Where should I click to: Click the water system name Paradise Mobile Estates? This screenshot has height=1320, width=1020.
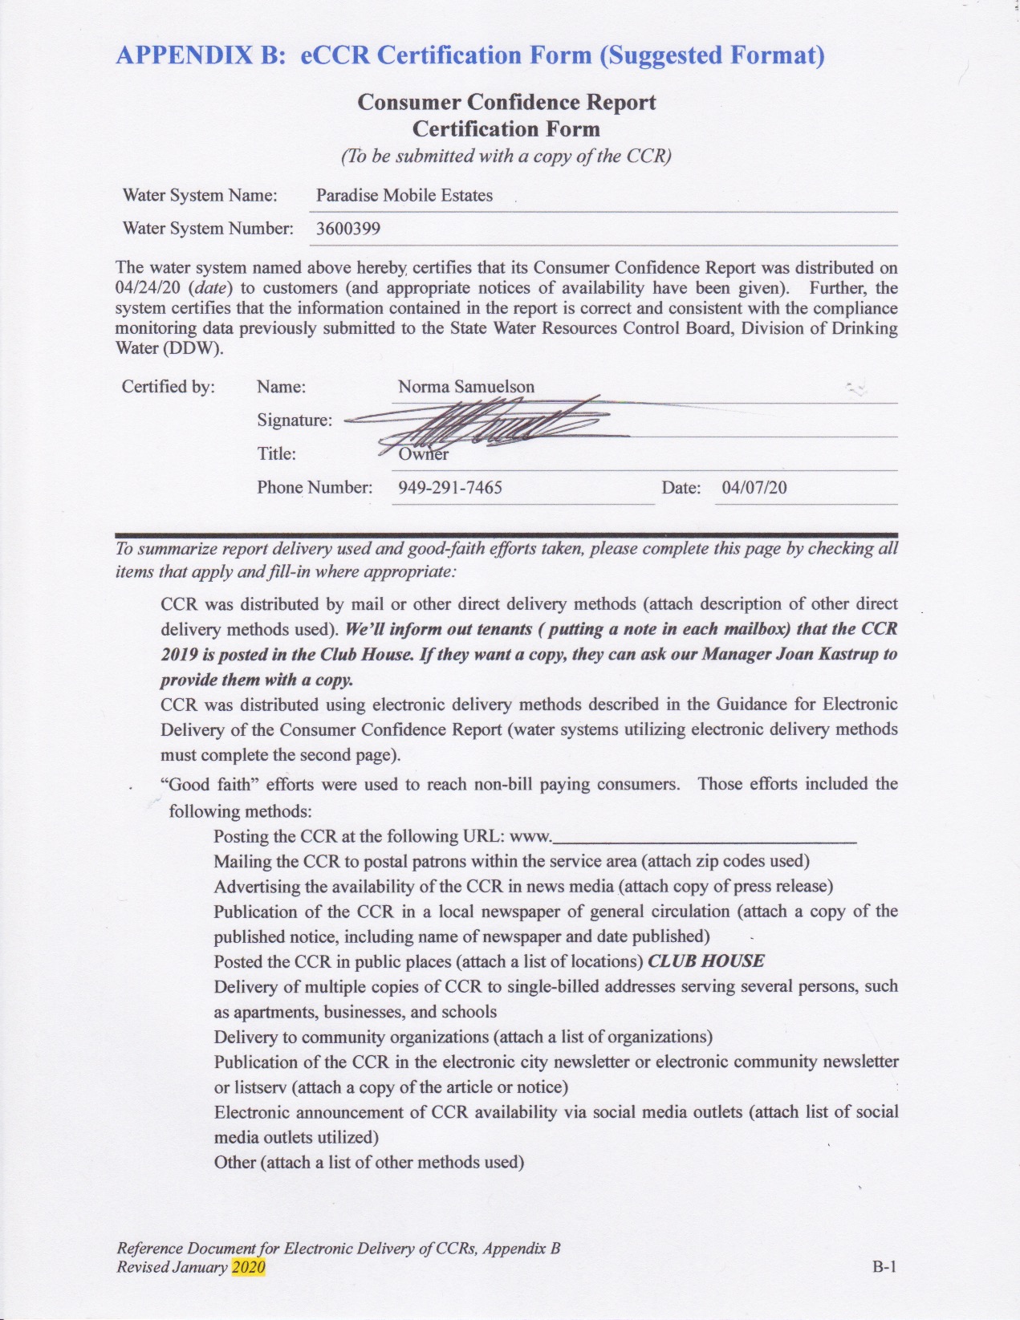(404, 196)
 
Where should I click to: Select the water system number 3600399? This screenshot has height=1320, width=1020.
(347, 229)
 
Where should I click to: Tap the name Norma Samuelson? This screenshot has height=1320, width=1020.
(465, 387)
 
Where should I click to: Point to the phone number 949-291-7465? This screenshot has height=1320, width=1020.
(449, 488)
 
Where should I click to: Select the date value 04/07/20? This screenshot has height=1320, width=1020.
(754, 488)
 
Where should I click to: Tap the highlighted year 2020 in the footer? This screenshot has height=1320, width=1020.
(248, 1267)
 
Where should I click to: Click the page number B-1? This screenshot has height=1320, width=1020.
(884, 1267)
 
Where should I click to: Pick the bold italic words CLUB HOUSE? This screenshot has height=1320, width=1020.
(705, 961)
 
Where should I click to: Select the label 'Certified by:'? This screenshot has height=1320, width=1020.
(168, 387)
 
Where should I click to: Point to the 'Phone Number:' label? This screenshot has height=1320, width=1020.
(315, 488)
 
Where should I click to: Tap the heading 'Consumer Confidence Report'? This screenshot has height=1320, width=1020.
(506, 103)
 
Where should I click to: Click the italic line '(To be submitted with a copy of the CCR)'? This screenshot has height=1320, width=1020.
(506, 156)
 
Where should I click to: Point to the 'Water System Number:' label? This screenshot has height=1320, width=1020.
(207, 229)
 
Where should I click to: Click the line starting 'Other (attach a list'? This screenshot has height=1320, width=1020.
(368, 1163)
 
